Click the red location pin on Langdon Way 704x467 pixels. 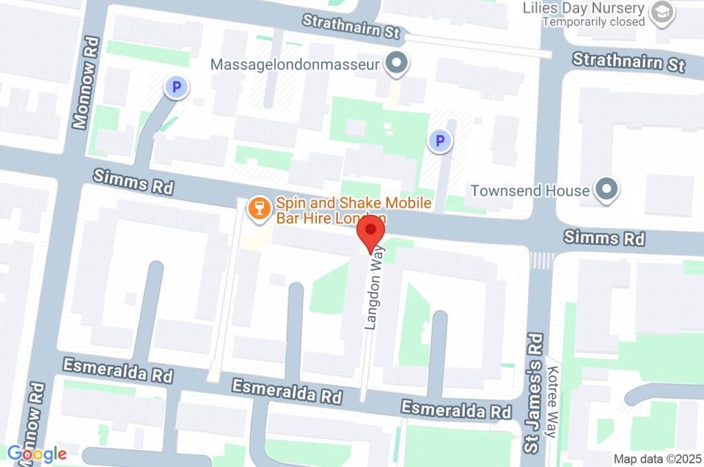point(372,232)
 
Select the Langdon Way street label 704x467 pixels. point(374,288)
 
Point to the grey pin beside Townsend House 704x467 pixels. point(606,190)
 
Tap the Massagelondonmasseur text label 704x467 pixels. point(295,65)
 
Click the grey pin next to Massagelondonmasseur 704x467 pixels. point(396,65)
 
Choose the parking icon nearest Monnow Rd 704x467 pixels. point(176,87)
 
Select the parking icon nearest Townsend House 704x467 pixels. point(439,142)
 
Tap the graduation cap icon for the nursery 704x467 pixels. point(662,13)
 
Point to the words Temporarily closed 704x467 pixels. point(593,22)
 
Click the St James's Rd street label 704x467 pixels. point(533,393)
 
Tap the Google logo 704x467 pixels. point(36,453)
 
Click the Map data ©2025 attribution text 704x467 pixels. point(657,458)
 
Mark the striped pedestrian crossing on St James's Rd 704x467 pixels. point(542,260)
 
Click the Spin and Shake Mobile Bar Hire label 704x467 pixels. point(353,210)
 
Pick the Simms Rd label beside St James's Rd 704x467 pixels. point(604,238)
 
